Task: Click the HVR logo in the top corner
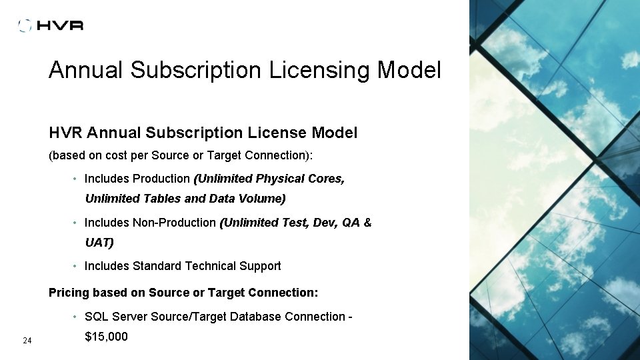(51, 25)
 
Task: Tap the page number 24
(27, 341)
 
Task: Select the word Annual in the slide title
(86, 70)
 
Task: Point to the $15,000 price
(106, 337)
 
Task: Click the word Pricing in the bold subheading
(69, 293)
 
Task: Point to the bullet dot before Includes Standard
(77, 267)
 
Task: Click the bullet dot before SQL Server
(77, 317)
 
